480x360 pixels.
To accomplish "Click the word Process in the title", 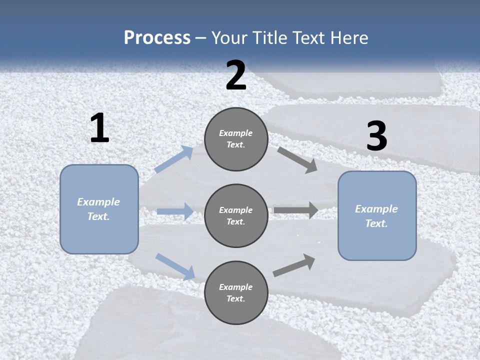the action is [x=157, y=38].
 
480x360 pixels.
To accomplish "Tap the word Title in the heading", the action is [x=269, y=38].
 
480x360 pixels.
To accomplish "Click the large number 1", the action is [x=99, y=128].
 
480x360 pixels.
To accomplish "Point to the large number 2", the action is [x=236, y=75].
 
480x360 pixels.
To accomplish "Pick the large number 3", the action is [x=376, y=136].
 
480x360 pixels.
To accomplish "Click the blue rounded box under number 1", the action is [x=99, y=209].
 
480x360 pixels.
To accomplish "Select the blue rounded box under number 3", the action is [x=377, y=216].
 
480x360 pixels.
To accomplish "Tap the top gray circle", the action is [x=236, y=139].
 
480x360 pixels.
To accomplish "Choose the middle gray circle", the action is [x=236, y=216].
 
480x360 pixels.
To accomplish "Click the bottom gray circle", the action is [x=236, y=293].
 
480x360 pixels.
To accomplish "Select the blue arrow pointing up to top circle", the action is [x=174, y=159].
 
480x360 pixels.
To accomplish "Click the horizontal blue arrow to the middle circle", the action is [x=175, y=211].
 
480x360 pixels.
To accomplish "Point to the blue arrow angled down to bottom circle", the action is [x=175, y=266].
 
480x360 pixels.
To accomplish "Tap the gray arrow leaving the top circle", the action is [x=297, y=159].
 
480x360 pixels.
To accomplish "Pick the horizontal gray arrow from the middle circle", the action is [x=296, y=210].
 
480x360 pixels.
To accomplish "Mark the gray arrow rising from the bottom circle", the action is [x=294, y=265].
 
